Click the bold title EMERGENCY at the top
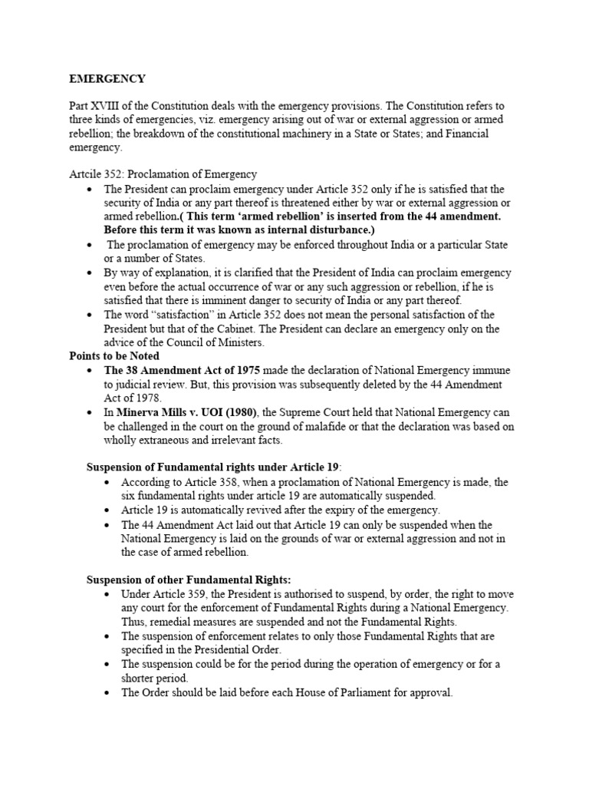coord(107,78)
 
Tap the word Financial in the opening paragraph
coord(464,133)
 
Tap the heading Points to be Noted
coord(114,356)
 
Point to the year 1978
coord(147,398)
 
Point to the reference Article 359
coord(179,595)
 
